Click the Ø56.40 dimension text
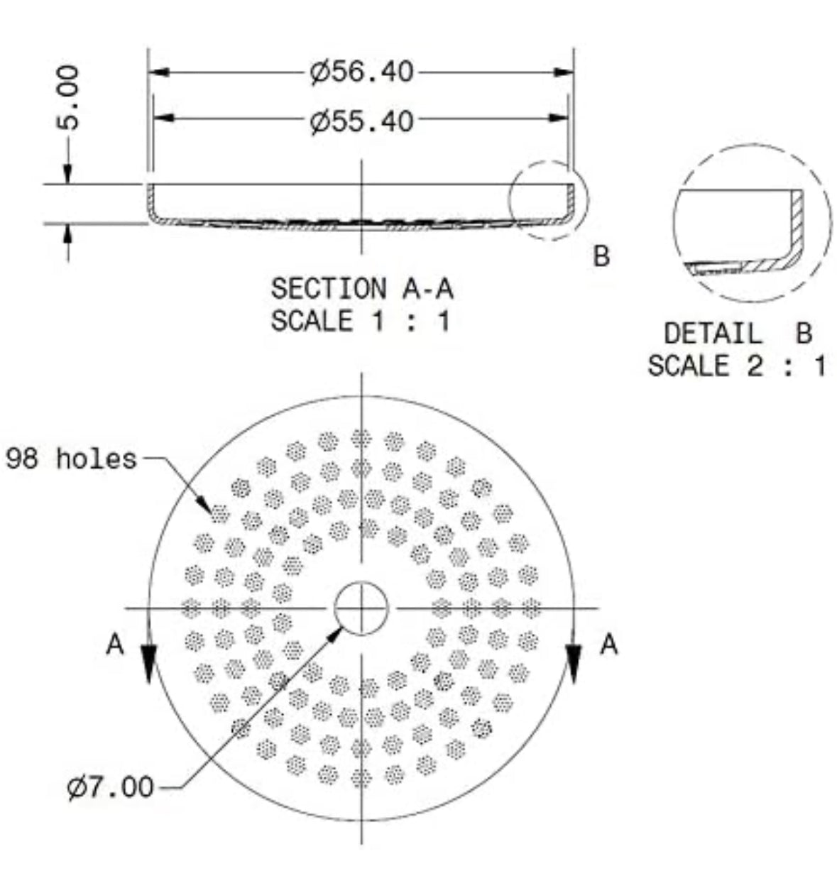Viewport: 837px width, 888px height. pyautogui.click(x=361, y=72)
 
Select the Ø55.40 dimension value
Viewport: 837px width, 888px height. pyautogui.click(x=361, y=121)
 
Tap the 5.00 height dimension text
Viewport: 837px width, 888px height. pyautogui.click(x=68, y=98)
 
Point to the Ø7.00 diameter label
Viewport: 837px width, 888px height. pyautogui.click(x=110, y=787)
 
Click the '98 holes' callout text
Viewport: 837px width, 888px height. pyautogui.click(x=71, y=459)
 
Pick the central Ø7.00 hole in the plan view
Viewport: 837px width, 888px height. pyautogui.click(x=361, y=608)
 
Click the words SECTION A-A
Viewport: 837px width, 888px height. pyautogui.click(x=362, y=288)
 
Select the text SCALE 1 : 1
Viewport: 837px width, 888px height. pyautogui.click(x=361, y=321)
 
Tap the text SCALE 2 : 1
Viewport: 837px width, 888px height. pyautogui.click(x=737, y=366)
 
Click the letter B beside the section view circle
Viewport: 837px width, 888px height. pyautogui.click(x=601, y=256)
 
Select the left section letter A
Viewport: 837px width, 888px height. pyautogui.click(x=114, y=645)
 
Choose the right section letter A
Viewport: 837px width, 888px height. pyautogui.click(x=608, y=645)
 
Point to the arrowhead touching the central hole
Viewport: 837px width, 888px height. pyautogui.click(x=334, y=635)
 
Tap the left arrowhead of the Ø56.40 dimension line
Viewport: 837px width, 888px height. pyautogui.click(x=158, y=72)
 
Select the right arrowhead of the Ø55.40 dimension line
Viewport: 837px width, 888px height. pyautogui.click(x=559, y=118)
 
